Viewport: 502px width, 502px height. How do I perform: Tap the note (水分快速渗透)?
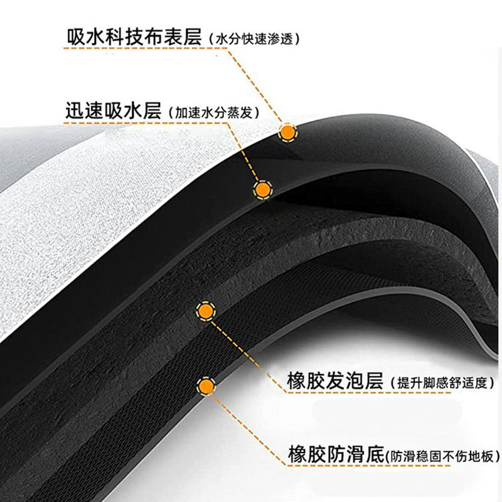[x=255, y=39]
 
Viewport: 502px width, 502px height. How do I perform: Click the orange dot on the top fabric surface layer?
[x=287, y=132]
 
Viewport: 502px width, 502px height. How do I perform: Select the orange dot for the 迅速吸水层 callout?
[x=262, y=188]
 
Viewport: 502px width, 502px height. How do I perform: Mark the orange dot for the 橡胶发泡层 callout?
[x=205, y=310]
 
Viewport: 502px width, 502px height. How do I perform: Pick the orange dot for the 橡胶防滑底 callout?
[x=205, y=385]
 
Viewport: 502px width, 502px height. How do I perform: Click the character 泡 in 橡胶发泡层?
[x=354, y=380]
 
